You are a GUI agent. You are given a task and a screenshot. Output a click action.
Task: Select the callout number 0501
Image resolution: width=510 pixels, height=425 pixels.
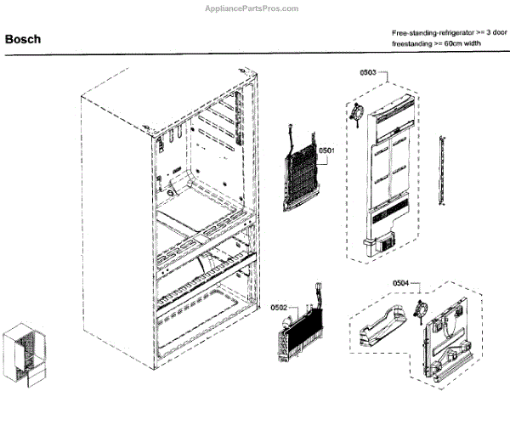point(327,151)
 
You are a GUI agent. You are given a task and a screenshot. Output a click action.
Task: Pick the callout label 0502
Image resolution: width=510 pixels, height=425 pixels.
point(280,308)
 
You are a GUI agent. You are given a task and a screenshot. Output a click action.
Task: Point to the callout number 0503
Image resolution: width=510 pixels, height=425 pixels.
point(368,74)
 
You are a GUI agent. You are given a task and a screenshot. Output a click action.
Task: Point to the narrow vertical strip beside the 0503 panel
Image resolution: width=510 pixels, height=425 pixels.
point(442,169)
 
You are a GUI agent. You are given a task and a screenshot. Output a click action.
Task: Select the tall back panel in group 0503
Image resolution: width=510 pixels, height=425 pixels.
point(391,170)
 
